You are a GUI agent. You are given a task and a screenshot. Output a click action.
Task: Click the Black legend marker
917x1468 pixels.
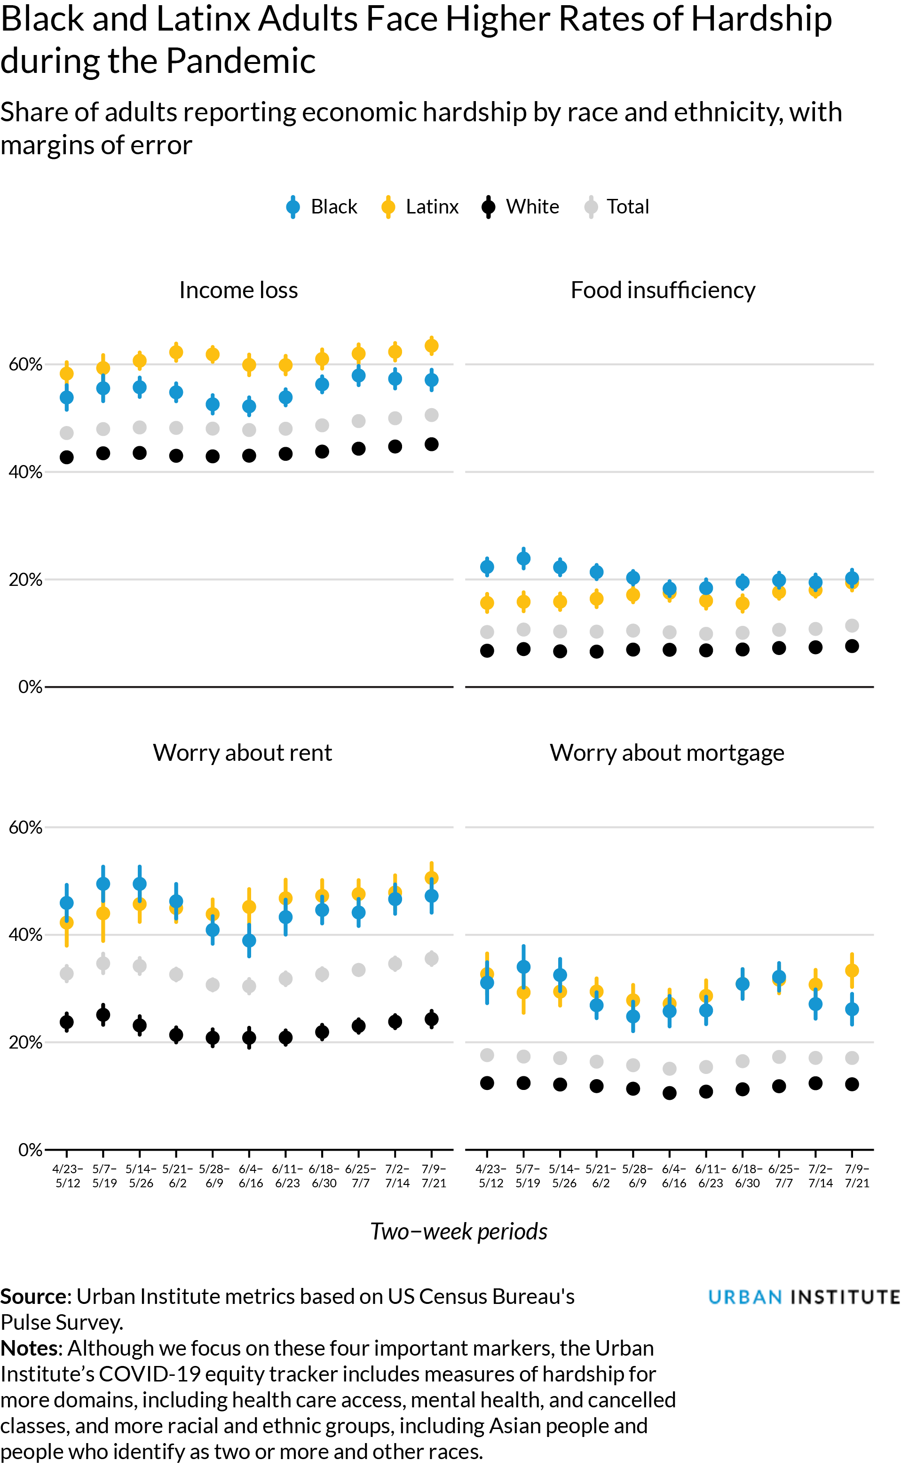[x=293, y=207]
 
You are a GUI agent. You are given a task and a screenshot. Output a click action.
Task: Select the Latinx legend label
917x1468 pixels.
[x=432, y=207]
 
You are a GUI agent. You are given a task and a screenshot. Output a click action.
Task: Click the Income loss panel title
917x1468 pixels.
[x=238, y=291]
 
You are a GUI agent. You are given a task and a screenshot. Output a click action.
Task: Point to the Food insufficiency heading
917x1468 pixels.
[x=663, y=291]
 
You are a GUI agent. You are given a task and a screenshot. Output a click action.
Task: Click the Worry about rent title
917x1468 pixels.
[x=242, y=752]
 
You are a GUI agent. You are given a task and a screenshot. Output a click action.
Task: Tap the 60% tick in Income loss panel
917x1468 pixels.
[x=25, y=364]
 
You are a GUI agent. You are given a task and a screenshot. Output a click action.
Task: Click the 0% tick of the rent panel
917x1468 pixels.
[x=30, y=1150]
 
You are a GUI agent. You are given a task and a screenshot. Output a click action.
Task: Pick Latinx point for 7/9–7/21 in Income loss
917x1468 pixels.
[x=431, y=346]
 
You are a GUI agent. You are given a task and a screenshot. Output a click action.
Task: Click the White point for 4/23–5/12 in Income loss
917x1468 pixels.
[x=67, y=457]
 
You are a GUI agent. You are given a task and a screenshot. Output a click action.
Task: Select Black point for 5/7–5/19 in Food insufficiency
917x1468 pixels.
[x=523, y=559]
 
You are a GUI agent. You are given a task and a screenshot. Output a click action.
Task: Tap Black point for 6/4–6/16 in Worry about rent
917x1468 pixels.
[x=249, y=940]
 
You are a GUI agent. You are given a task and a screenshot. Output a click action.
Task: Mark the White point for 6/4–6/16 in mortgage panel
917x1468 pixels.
[x=670, y=1093]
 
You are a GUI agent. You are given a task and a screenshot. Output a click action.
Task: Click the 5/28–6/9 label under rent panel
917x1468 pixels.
[x=213, y=1175]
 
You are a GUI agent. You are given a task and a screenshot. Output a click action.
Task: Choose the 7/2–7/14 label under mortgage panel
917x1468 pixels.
[x=820, y=1175]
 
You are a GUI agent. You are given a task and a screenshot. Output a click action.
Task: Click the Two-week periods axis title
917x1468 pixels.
[x=458, y=1231]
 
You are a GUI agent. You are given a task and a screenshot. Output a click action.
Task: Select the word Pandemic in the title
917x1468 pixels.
[x=241, y=61]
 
